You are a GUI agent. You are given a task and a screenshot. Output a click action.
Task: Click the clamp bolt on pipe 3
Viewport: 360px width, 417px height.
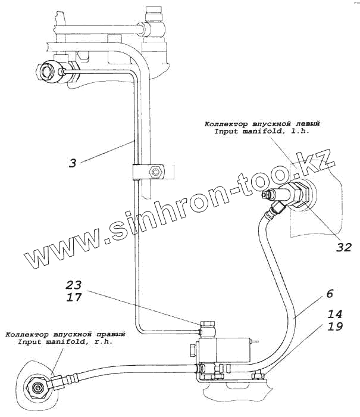pyautogui.click(x=156, y=172)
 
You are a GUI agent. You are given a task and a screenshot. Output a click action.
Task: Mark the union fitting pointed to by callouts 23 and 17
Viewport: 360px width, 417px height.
pyautogui.click(x=208, y=328)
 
